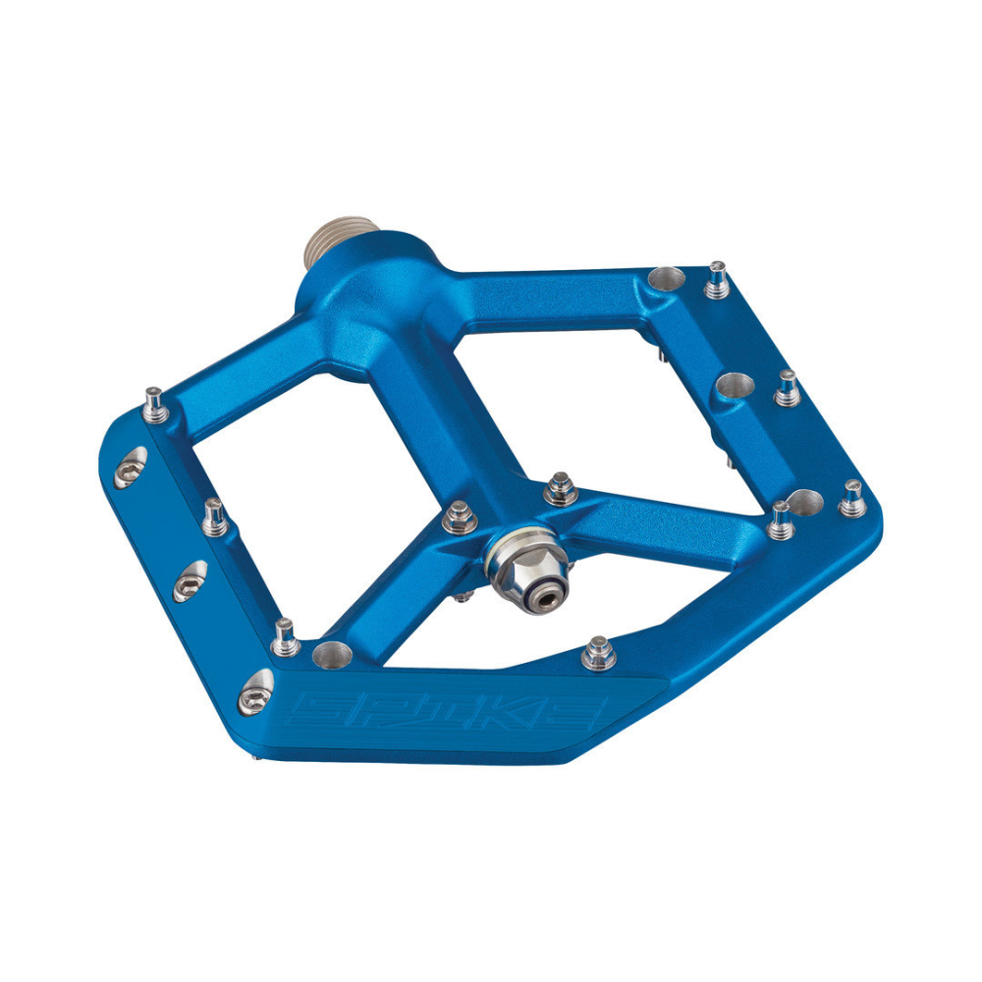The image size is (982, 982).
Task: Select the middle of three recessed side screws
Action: coord(191,583)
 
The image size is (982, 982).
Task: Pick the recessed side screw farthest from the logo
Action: coord(131,469)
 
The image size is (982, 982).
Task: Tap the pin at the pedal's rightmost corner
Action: coord(851,497)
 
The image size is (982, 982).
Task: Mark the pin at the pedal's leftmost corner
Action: coord(154,403)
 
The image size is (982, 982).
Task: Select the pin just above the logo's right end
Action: coord(597,652)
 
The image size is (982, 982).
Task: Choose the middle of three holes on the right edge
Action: coord(734,385)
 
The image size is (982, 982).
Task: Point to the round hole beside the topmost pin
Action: coord(666,281)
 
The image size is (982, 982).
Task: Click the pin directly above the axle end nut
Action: coord(560,487)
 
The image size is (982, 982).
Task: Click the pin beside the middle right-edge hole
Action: coord(786,387)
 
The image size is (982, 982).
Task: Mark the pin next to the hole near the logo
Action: coord(286,635)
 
